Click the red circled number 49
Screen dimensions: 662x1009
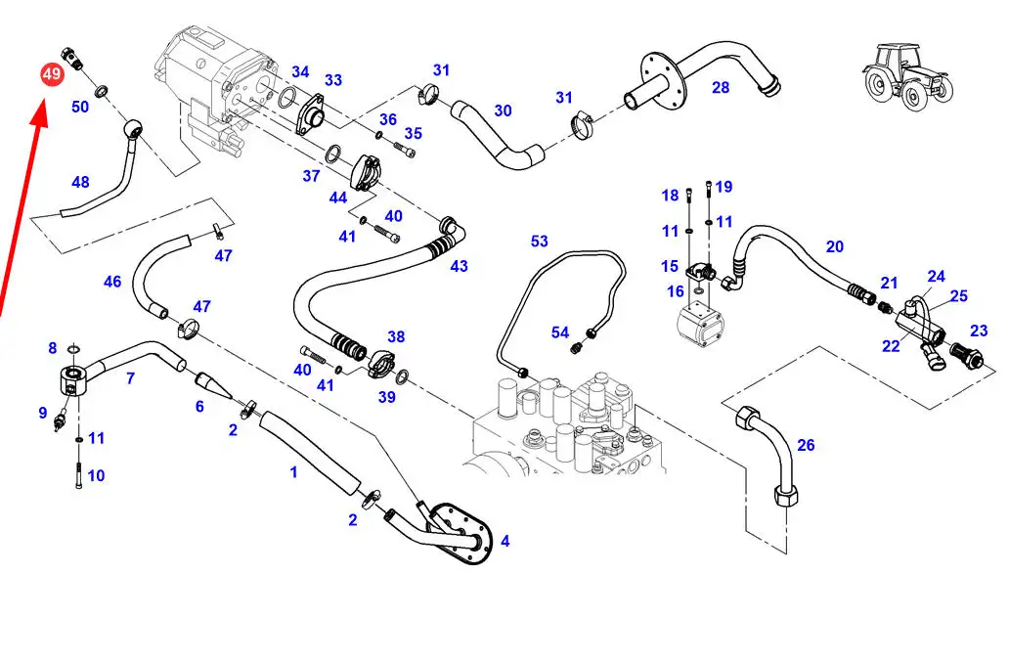(51, 74)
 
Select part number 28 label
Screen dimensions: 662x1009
(721, 88)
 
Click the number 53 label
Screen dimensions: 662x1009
(540, 241)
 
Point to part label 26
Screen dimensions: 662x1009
(806, 446)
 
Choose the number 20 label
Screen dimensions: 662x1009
(834, 246)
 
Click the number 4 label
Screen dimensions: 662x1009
(504, 541)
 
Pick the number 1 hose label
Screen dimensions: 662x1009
(293, 472)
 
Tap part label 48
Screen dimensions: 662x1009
(80, 182)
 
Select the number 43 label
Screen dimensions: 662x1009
(460, 265)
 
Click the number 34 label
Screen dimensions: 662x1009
(300, 72)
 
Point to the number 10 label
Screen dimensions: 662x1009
(96, 476)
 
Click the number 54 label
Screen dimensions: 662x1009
(560, 333)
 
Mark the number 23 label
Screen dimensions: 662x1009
(979, 331)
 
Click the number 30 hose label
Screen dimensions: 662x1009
(503, 111)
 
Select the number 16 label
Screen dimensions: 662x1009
(676, 291)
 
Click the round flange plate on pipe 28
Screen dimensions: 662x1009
(664, 78)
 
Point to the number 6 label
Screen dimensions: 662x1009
(199, 406)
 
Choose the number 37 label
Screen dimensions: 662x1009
(311, 176)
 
